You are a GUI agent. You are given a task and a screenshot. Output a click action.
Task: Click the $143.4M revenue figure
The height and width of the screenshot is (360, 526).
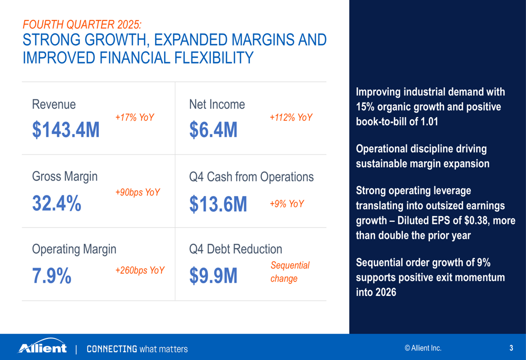tap(66, 130)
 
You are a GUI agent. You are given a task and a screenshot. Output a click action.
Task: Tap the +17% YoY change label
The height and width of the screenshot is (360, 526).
tap(135, 118)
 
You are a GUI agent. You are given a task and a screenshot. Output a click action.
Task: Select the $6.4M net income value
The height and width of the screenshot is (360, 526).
tap(213, 130)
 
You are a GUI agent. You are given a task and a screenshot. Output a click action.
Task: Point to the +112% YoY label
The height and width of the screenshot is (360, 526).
tap(291, 118)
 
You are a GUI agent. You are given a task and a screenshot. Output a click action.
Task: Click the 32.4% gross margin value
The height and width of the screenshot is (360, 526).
tap(57, 203)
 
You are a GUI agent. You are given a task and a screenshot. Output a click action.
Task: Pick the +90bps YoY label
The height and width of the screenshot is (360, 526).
tap(137, 192)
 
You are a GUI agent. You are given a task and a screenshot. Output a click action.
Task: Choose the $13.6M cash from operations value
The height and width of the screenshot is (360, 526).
tap(218, 204)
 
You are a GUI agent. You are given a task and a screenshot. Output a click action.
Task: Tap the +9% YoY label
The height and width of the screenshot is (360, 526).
tap(287, 204)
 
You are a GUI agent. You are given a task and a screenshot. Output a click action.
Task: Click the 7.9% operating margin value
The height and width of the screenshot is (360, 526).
tap(52, 276)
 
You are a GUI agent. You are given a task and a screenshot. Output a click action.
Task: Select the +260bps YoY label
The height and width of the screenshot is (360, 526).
tap(140, 271)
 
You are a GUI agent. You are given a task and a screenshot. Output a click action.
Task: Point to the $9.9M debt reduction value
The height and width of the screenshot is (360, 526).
tap(213, 276)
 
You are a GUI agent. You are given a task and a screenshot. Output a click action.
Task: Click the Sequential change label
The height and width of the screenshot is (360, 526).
tap(290, 272)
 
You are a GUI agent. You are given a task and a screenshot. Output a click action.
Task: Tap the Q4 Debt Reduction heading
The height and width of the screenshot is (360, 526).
tap(235, 249)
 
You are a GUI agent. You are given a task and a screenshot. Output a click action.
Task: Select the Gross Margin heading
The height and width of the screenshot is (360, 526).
tap(65, 177)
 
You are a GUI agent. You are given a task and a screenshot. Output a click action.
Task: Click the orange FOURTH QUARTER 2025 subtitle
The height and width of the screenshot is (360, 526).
tap(82, 25)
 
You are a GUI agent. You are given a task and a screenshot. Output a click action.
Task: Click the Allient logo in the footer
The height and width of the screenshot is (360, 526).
tap(43, 348)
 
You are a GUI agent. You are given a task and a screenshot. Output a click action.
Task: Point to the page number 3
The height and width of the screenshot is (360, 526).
tap(511, 348)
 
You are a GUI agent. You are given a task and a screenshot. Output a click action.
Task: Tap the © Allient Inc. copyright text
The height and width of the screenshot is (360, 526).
tap(423, 348)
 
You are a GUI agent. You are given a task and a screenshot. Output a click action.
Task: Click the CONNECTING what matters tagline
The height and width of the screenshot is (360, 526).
tap(137, 349)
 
